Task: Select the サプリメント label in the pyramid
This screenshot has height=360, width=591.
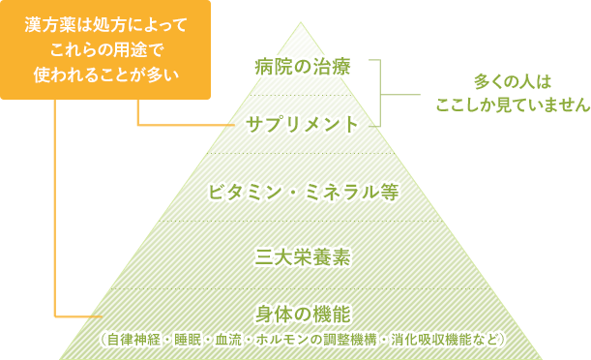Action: click(x=303, y=124)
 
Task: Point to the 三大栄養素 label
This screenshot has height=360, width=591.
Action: click(x=303, y=257)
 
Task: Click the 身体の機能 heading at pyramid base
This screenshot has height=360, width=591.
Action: click(x=303, y=315)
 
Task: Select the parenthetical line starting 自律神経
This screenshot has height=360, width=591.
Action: click(x=303, y=339)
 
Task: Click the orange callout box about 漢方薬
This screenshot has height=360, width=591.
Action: click(x=105, y=49)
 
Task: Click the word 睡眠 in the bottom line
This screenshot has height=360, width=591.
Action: click(x=198, y=339)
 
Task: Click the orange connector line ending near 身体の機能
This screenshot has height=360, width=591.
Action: click(x=77, y=316)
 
